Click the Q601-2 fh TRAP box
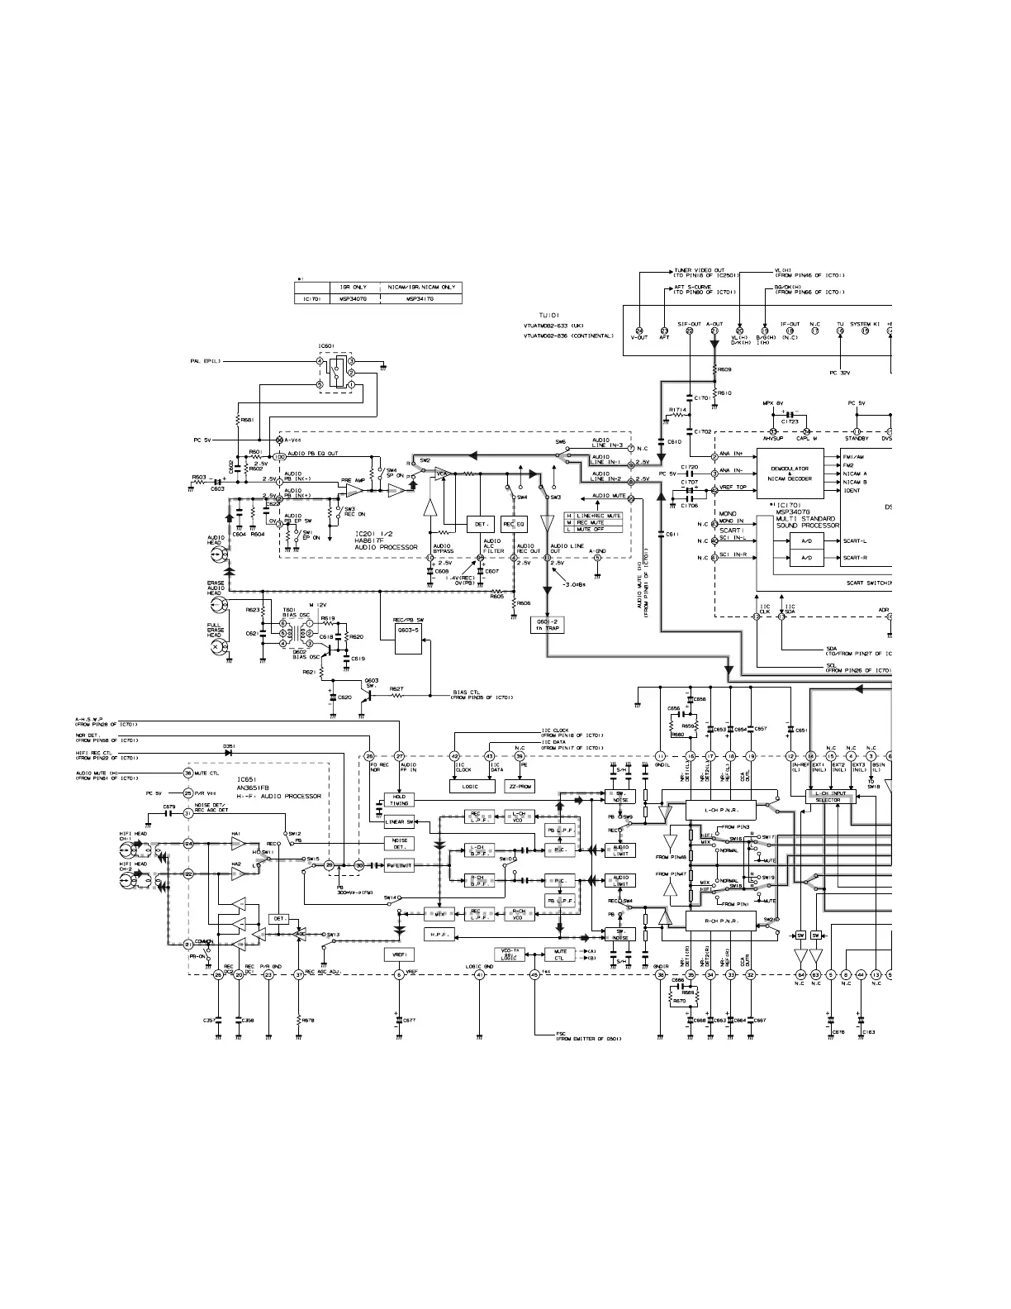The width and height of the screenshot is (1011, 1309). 547,626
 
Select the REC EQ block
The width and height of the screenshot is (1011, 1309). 514,525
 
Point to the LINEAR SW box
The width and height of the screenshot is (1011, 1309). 399,822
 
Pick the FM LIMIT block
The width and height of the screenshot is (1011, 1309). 399,865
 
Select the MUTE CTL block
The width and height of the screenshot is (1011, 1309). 558,955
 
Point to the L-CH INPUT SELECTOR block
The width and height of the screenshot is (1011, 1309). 828,797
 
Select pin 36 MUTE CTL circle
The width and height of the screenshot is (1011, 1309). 187,773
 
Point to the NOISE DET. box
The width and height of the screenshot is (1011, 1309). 399,843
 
